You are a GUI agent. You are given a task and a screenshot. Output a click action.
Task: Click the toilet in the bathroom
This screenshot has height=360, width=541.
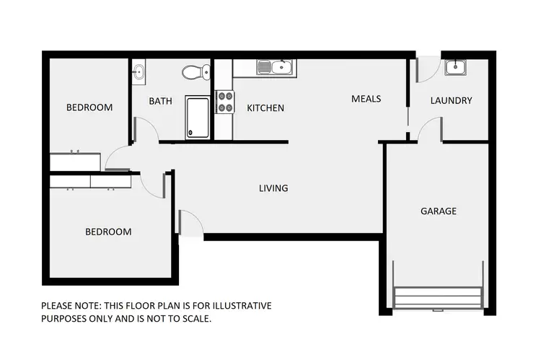click(x=195, y=71)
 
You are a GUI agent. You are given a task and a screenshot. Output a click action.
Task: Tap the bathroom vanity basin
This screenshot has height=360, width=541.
click(x=138, y=71)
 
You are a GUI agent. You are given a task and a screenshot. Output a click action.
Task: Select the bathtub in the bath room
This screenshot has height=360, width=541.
click(x=197, y=117)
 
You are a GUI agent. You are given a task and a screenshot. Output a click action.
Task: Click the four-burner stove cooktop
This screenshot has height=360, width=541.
click(x=225, y=101)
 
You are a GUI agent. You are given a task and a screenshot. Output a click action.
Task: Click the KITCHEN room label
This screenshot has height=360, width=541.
click(x=265, y=108)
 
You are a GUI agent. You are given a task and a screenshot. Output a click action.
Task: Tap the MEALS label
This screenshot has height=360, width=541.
click(x=366, y=99)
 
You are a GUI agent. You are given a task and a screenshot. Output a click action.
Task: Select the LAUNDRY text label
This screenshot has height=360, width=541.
click(x=451, y=101)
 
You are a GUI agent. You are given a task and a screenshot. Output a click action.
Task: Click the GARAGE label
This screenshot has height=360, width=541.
click(x=439, y=211)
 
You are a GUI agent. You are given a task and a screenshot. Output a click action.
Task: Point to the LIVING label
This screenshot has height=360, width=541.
click(x=273, y=188)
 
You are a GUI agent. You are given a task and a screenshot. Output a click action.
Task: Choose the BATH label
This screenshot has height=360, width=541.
click(x=160, y=101)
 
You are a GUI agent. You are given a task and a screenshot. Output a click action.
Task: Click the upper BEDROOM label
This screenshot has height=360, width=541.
click(x=89, y=107)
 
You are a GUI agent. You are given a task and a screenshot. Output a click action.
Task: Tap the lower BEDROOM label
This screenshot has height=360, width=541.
click(x=108, y=232)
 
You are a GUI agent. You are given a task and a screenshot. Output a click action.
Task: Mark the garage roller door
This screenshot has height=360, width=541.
click(x=438, y=297)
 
